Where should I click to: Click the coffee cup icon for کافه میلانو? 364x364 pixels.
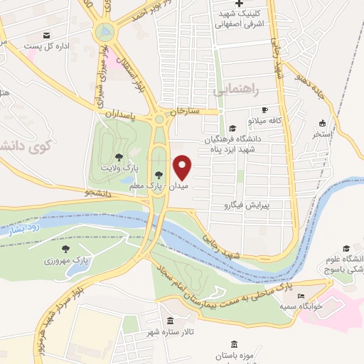[264, 110]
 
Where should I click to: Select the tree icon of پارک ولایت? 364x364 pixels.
[118, 157]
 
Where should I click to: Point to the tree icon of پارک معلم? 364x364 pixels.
[158, 174]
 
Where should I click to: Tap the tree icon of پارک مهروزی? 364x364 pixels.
[65, 249]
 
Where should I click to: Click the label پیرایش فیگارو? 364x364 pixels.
[246, 205]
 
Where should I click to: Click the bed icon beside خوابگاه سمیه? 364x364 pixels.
[301, 296]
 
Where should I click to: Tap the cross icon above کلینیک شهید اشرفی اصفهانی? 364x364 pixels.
[240, 6]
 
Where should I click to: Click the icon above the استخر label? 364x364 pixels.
[322, 122]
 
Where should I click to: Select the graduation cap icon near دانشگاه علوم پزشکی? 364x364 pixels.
[346, 248]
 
